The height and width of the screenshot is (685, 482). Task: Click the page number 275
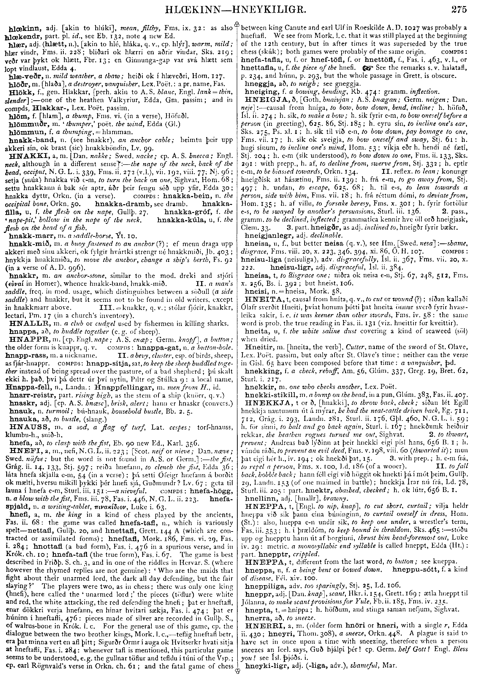pyautogui.click(x=459, y=10)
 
